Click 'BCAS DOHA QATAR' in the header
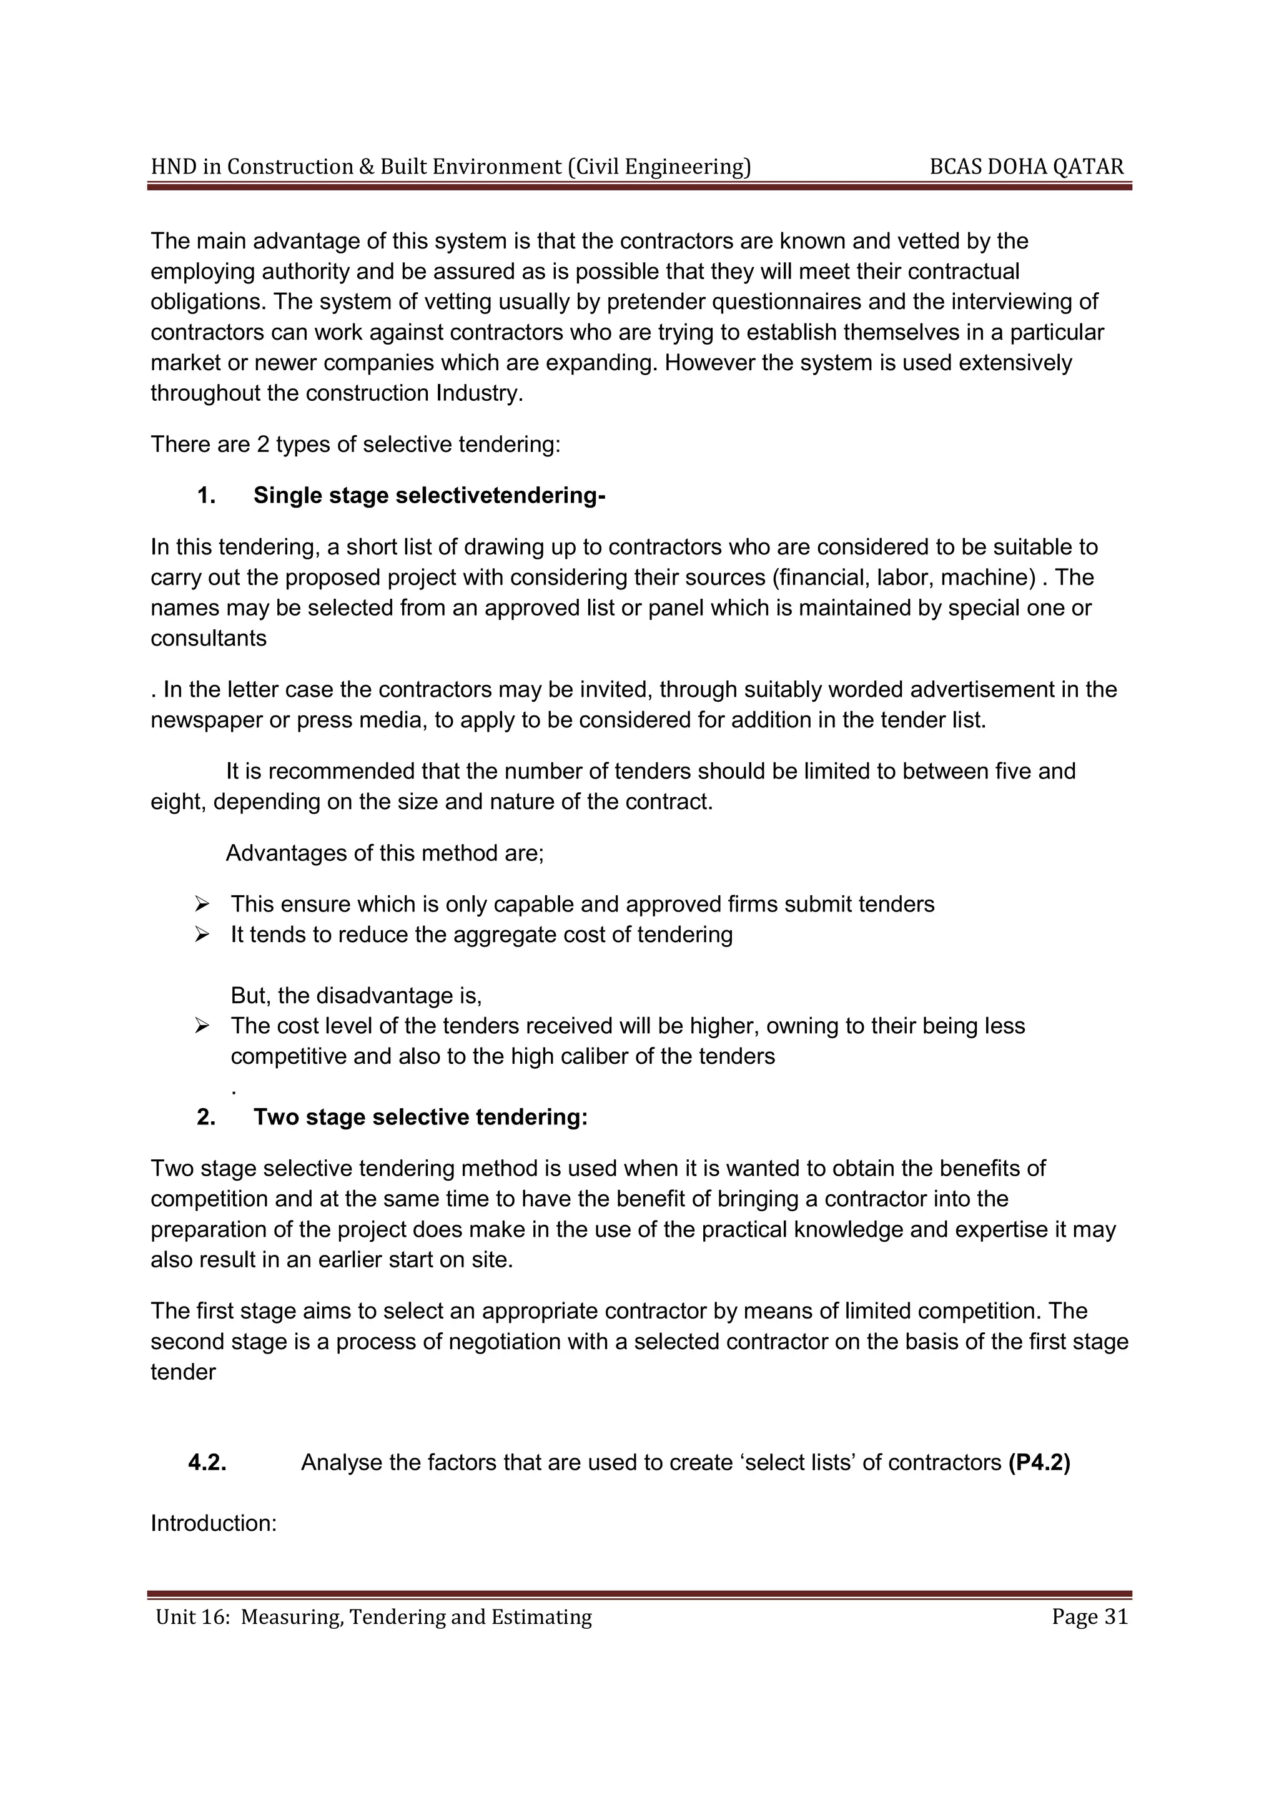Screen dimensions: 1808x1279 (1026, 167)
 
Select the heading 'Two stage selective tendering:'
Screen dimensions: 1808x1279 (420, 1117)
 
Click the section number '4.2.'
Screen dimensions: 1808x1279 (207, 1462)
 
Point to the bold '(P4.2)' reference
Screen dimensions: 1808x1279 (1039, 1462)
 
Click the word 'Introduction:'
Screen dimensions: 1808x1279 (214, 1523)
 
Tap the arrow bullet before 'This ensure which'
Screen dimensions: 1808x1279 (202, 904)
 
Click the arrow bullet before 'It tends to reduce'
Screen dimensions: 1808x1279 (202, 935)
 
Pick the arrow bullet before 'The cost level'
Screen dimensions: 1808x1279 (202, 1026)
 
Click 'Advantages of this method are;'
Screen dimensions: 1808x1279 (384, 853)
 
